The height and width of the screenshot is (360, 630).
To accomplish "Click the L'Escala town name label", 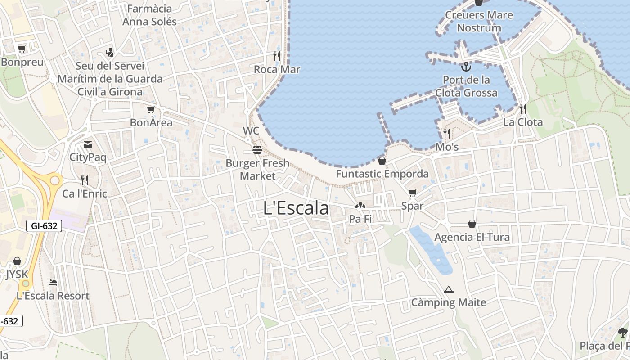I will click(x=296, y=208).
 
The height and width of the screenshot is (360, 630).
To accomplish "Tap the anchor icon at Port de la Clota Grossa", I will click(x=466, y=67).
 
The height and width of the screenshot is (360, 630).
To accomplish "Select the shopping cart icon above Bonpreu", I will click(x=22, y=49).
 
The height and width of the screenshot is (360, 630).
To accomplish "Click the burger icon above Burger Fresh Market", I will click(x=257, y=149).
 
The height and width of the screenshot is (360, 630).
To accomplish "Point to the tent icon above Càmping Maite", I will click(x=448, y=289).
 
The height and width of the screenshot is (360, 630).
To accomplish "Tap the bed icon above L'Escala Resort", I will click(x=53, y=283).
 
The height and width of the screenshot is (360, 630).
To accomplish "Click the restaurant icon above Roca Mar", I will click(x=277, y=56).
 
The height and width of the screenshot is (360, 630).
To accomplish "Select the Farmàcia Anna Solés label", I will click(x=149, y=15).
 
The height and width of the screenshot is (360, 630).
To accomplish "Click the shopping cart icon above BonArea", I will click(x=151, y=109).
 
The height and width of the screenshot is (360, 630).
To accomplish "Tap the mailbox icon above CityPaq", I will click(x=88, y=144).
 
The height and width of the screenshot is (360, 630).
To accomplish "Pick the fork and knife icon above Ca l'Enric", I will click(x=85, y=180).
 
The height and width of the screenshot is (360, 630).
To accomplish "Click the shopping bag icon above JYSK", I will click(x=17, y=261).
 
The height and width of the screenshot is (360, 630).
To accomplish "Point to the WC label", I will click(x=251, y=131).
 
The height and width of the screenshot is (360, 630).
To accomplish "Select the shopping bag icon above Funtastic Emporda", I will click(x=382, y=160).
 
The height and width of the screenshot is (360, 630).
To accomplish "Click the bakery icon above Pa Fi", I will click(x=360, y=206).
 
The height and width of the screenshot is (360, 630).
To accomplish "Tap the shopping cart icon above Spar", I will click(x=412, y=193).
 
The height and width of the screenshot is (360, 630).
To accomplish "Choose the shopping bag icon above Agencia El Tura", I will click(x=472, y=224).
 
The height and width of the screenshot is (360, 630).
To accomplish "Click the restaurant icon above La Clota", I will click(x=522, y=108).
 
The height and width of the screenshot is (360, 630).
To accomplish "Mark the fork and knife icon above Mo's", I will click(x=446, y=133).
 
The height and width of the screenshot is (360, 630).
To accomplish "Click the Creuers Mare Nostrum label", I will click(x=479, y=21).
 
